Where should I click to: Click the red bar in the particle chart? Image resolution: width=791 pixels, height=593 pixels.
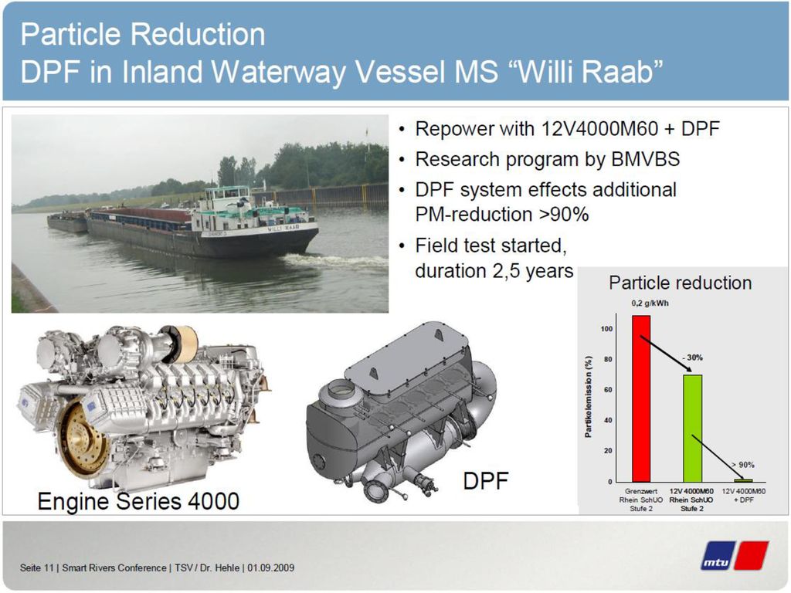pos(641,398)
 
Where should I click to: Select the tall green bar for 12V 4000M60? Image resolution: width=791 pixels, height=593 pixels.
pos(693,428)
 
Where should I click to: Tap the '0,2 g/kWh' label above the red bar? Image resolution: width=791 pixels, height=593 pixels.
pos(650,303)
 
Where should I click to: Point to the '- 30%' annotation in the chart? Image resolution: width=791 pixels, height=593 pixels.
pos(692,357)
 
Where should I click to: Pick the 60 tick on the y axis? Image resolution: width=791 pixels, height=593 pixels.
pos(607,390)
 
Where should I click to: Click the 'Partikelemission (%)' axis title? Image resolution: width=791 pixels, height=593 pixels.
pos(588,398)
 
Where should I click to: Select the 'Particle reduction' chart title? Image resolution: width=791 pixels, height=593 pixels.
pos(680,283)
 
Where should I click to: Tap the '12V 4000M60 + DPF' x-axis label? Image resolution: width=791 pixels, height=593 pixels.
pos(743,495)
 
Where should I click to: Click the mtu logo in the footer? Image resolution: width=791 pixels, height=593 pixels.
pos(734,555)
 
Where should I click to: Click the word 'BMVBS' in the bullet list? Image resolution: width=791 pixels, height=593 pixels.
pos(645,159)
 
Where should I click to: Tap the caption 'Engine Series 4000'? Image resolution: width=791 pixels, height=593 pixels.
pos(138,501)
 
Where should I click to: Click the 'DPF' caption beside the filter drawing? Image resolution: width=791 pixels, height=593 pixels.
pos(485,480)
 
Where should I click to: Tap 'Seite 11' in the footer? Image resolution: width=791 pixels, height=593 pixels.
pos(37,568)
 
